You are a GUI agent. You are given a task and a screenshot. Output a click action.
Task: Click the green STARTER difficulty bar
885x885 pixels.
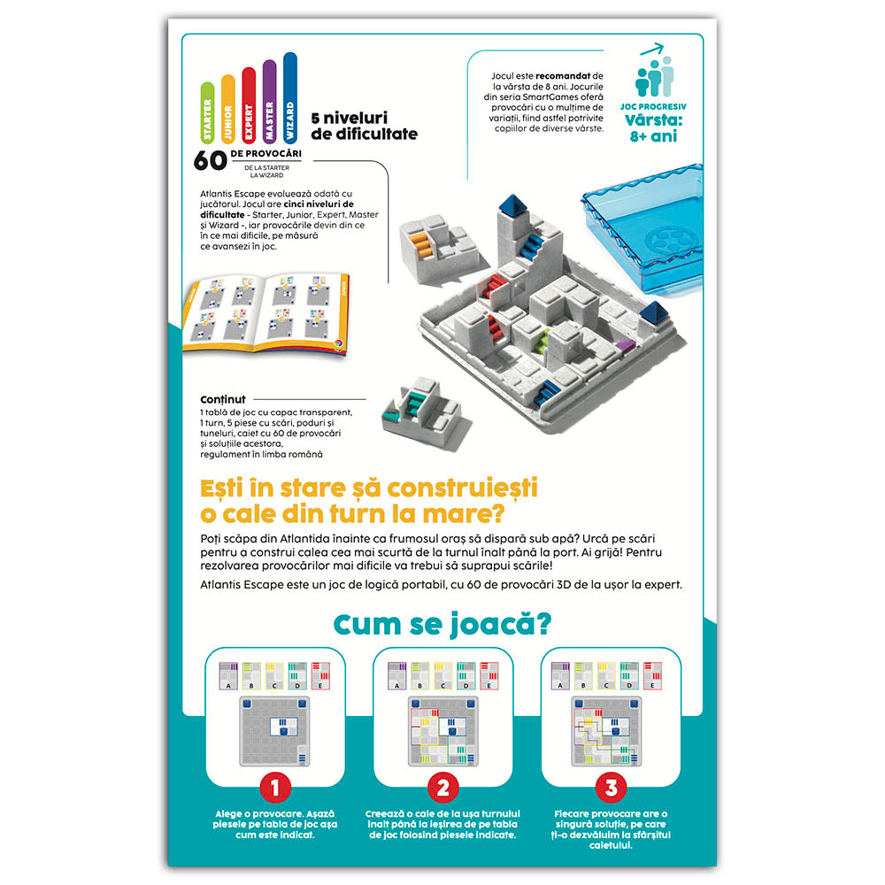click(x=207, y=112)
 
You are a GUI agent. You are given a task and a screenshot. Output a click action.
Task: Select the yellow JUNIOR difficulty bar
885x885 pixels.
click(x=228, y=108)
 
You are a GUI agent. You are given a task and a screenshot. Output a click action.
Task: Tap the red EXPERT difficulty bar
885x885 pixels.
click(x=249, y=104)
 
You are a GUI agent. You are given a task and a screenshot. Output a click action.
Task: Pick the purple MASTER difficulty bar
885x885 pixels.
click(x=269, y=101)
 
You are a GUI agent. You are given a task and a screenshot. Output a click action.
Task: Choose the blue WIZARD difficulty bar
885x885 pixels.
click(x=290, y=97)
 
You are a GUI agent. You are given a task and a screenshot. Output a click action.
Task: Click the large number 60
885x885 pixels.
click(x=210, y=161)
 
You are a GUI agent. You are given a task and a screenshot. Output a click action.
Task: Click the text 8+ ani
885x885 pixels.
click(x=653, y=136)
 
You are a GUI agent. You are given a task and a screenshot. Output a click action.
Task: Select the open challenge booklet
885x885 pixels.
click(x=266, y=313)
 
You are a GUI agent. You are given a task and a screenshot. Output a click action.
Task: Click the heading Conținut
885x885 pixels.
click(x=223, y=400)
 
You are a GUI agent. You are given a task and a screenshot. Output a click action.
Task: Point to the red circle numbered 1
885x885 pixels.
click(x=275, y=788)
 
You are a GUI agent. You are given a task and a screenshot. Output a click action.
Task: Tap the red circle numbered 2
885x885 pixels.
click(x=443, y=788)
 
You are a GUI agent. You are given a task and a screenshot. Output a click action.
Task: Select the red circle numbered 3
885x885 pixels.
click(x=612, y=788)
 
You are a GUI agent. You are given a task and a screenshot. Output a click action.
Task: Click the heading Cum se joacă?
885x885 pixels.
click(x=442, y=625)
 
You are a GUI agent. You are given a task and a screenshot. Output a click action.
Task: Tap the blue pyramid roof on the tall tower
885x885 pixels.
click(x=512, y=205)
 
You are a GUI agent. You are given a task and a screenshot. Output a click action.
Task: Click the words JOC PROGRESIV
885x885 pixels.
click(x=654, y=107)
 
